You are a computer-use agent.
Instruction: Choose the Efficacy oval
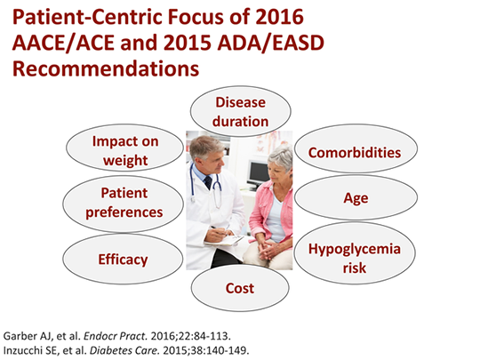(123, 260)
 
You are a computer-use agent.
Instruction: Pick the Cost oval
(240, 288)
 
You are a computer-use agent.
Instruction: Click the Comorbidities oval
(354, 152)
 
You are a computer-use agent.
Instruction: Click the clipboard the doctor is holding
(225, 238)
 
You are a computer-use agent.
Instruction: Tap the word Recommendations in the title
(104, 67)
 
